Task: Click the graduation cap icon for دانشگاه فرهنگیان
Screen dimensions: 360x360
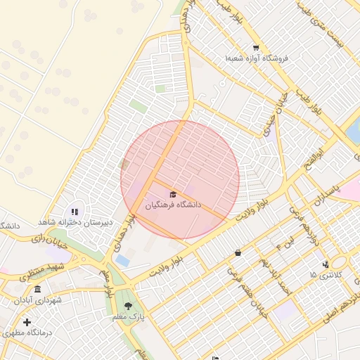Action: (173, 194)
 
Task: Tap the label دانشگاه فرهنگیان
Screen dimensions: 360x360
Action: (173, 206)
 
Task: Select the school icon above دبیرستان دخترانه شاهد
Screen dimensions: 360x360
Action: (75, 212)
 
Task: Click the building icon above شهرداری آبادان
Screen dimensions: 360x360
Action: (37, 290)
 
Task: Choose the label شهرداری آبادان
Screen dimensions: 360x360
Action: (37, 300)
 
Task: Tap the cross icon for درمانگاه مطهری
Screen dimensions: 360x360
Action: (27, 322)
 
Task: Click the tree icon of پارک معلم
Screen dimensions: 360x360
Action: (128, 306)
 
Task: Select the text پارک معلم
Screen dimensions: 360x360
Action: (128, 317)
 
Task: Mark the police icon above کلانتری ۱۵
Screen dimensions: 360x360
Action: (325, 264)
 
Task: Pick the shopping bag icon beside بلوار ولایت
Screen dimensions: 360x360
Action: (238, 252)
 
